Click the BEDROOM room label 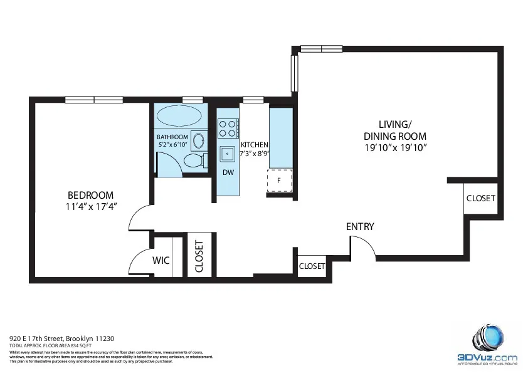pos(91,194)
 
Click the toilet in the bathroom pos(196,160)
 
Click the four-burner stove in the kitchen pos(228,129)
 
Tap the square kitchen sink pos(227,153)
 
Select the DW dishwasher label pos(228,172)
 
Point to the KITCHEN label pos(254,145)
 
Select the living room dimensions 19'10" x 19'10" pos(395,148)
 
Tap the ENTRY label pos(360,226)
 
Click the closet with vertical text pos(199,256)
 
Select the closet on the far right pos(480,198)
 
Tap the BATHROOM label pos(172,137)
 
